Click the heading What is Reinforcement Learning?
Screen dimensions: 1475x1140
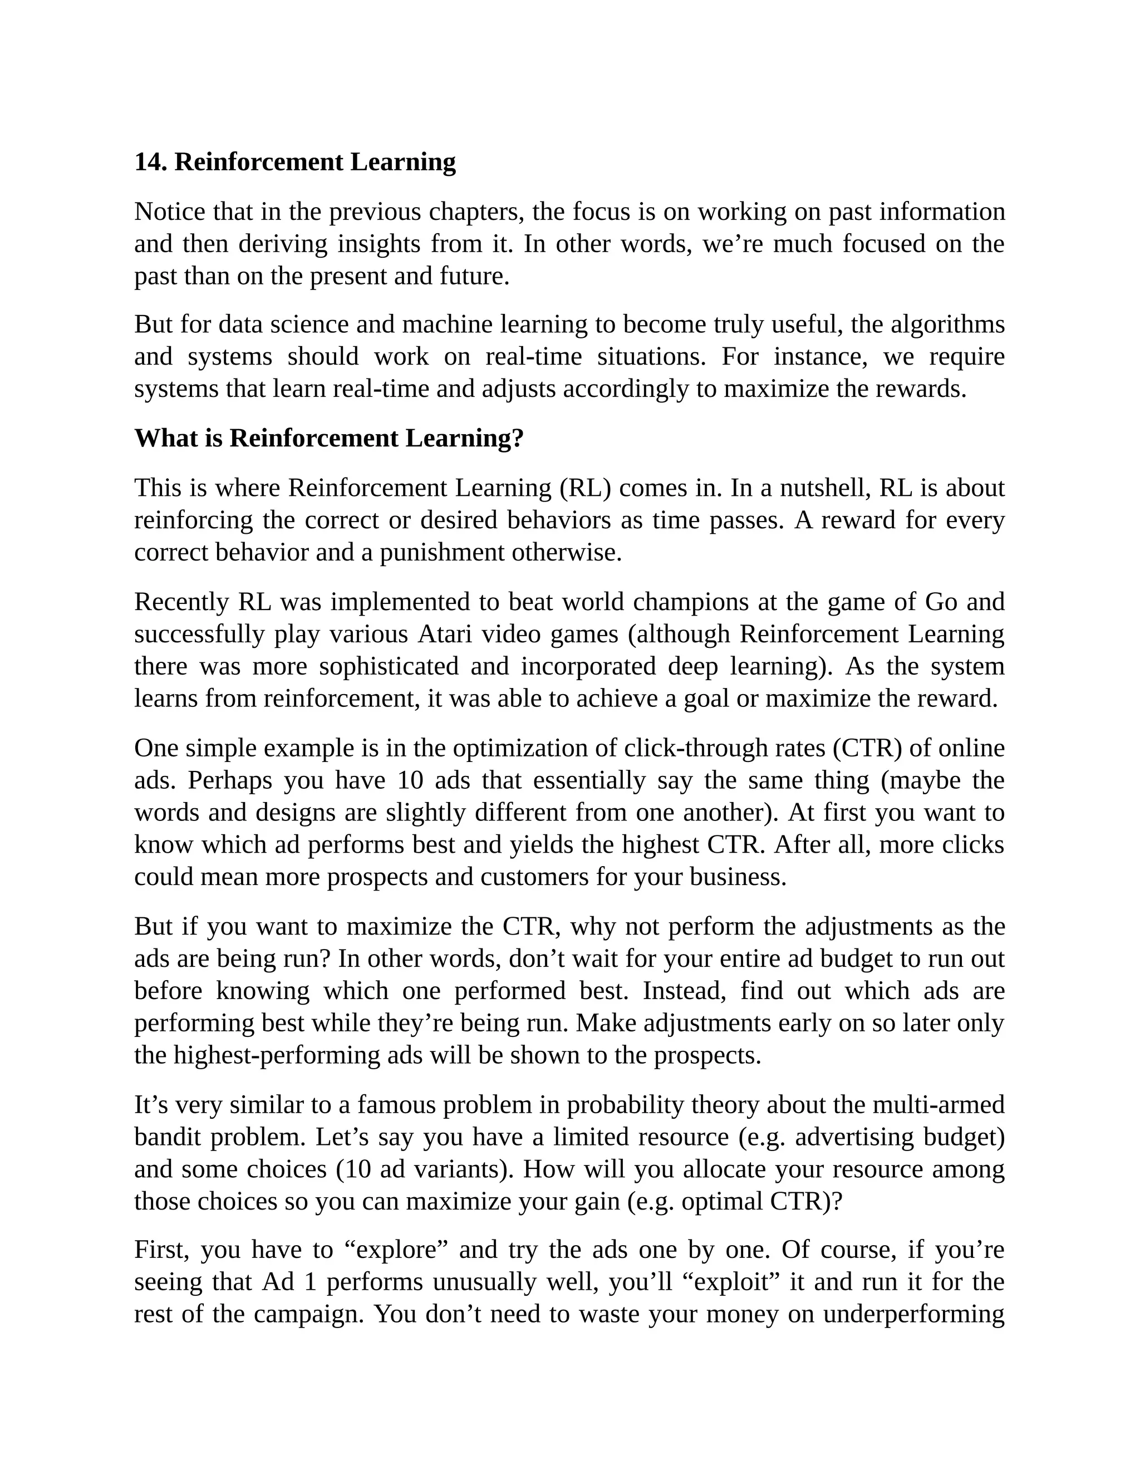point(329,439)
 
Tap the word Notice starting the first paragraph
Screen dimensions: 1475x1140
point(170,212)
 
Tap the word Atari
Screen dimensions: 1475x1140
point(444,635)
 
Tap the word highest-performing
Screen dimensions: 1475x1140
point(276,1055)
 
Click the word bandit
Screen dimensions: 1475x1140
point(168,1137)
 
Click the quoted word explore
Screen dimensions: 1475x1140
point(396,1250)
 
